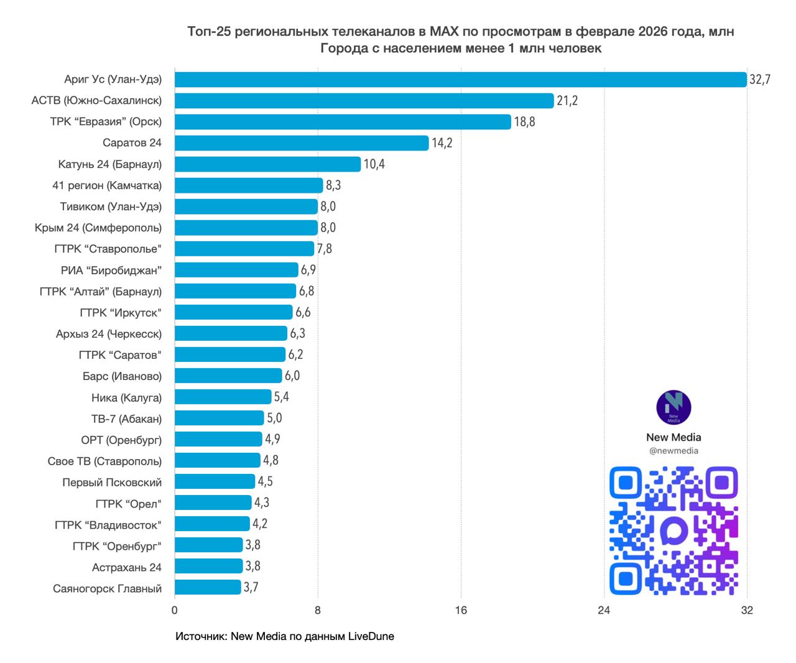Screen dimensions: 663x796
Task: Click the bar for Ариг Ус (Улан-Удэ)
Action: tap(460, 80)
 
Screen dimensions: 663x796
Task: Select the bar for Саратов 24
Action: tap(302, 143)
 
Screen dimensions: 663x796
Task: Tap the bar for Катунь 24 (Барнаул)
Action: tap(267, 164)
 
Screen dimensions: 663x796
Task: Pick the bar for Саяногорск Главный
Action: tap(208, 587)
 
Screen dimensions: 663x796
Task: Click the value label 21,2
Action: tap(567, 101)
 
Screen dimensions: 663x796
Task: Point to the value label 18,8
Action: tap(524, 122)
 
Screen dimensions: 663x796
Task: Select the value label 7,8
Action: tap(325, 249)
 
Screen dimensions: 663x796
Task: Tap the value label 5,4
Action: tap(282, 397)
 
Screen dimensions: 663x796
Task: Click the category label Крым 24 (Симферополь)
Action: tap(98, 228)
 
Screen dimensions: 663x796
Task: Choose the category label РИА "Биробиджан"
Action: tap(111, 270)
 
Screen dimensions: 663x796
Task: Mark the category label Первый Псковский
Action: tap(112, 482)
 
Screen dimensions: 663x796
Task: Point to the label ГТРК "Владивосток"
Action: tap(108, 525)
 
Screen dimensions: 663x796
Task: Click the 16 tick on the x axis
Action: tap(461, 610)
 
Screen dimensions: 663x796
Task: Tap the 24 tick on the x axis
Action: tap(604, 610)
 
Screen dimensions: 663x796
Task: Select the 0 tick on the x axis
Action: tap(174, 610)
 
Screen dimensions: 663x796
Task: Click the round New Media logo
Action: tap(673, 408)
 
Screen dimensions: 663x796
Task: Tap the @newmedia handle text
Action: tap(673, 451)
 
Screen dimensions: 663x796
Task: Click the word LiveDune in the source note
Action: tap(371, 636)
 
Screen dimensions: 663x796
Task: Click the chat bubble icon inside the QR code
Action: tap(673, 531)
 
